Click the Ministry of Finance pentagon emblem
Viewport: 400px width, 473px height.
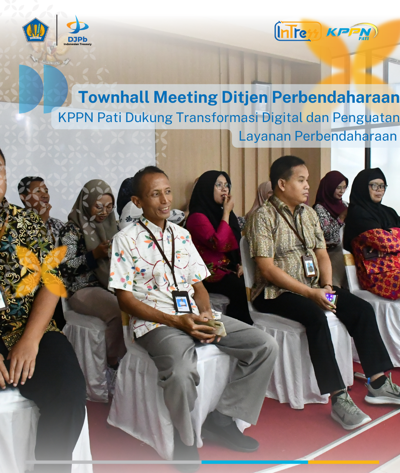(36, 30)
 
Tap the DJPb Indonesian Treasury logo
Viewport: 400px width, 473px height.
(77, 31)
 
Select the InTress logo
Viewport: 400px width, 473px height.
(298, 32)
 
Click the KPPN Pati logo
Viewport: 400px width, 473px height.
(352, 32)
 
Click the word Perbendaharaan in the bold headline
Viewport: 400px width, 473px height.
(336, 97)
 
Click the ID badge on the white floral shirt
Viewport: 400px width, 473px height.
(182, 302)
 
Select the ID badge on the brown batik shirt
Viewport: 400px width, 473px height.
(309, 266)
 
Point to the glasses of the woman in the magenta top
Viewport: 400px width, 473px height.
(222, 186)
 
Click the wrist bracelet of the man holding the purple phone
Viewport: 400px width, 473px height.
(327, 286)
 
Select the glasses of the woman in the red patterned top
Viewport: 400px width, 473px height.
(378, 187)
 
